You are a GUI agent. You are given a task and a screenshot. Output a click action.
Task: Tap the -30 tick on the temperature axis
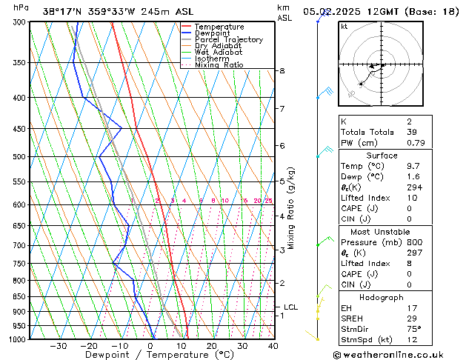tap(59, 345)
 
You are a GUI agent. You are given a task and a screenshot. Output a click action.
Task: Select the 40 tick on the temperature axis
tap(273, 345)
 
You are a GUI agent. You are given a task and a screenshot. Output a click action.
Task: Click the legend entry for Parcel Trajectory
tap(228, 40)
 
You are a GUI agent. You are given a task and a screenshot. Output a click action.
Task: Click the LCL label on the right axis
tap(291, 307)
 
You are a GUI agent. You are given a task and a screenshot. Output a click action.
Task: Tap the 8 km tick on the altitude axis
tap(282, 71)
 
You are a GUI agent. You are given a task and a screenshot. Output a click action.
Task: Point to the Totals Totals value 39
tap(391, 132)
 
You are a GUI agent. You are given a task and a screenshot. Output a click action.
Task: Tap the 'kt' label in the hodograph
tap(344, 26)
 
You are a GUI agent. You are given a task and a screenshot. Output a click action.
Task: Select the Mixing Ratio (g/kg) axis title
tap(292, 208)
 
